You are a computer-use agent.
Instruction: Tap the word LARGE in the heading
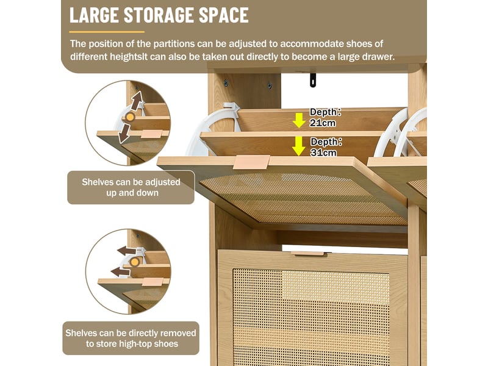pos(94,15)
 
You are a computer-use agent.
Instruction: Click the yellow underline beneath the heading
pos(107,32)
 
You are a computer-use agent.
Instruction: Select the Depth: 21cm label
pos(325,117)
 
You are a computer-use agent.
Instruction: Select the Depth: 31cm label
pos(326,147)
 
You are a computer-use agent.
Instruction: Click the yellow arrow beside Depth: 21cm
pos(299,120)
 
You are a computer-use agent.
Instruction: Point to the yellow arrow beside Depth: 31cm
pos(299,146)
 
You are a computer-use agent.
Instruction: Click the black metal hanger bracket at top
pos(312,80)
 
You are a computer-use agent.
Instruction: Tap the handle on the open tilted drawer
pos(251,162)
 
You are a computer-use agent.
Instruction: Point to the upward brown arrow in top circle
pos(136,100)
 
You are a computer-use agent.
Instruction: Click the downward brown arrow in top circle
pos(124,132)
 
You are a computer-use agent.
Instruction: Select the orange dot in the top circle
pos(130,117)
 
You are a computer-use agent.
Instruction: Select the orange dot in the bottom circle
pos(134,262)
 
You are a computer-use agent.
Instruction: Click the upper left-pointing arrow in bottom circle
pos(127,251)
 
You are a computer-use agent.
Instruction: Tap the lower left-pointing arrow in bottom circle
pos(120,271)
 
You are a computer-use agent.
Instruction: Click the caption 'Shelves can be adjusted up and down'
pos(131,187)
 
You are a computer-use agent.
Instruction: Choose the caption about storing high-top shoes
pos(131,339)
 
